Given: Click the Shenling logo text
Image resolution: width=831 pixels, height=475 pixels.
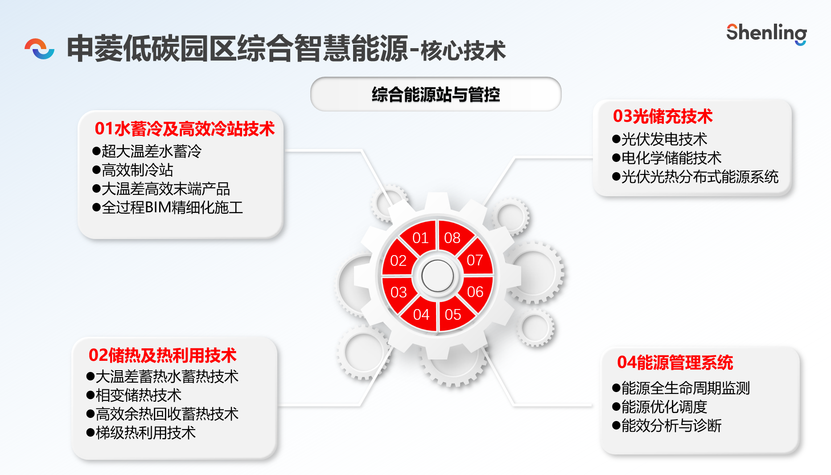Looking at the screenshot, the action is [x=766, y=34].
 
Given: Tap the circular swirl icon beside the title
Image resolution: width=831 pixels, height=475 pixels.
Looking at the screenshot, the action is [x=40, y=49].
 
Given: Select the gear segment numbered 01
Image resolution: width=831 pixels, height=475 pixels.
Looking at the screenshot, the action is [x=419, y=236].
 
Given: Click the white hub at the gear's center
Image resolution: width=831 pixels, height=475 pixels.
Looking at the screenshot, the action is [x=437, y=276].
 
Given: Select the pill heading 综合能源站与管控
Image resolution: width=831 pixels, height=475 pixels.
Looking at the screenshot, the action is [x=436, y=94].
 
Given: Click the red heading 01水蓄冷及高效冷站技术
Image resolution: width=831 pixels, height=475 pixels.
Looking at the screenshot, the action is [x=185, y=129].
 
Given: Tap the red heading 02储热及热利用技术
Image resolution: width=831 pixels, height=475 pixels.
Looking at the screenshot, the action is [x=162, y=355].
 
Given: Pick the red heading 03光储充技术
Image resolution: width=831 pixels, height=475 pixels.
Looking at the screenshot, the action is [x=662, y=116].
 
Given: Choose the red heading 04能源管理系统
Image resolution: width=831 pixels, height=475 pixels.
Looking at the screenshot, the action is [x=675, y=363].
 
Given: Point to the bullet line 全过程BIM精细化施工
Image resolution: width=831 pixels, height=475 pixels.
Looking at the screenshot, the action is [x=168, y=207].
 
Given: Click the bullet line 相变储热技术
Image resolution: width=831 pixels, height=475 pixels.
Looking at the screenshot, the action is [x=134, y=395].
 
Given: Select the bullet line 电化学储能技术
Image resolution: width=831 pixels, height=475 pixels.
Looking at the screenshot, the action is [x=667, y=158].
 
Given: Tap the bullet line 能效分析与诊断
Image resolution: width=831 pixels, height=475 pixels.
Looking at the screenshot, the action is [x=667, y=425].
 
